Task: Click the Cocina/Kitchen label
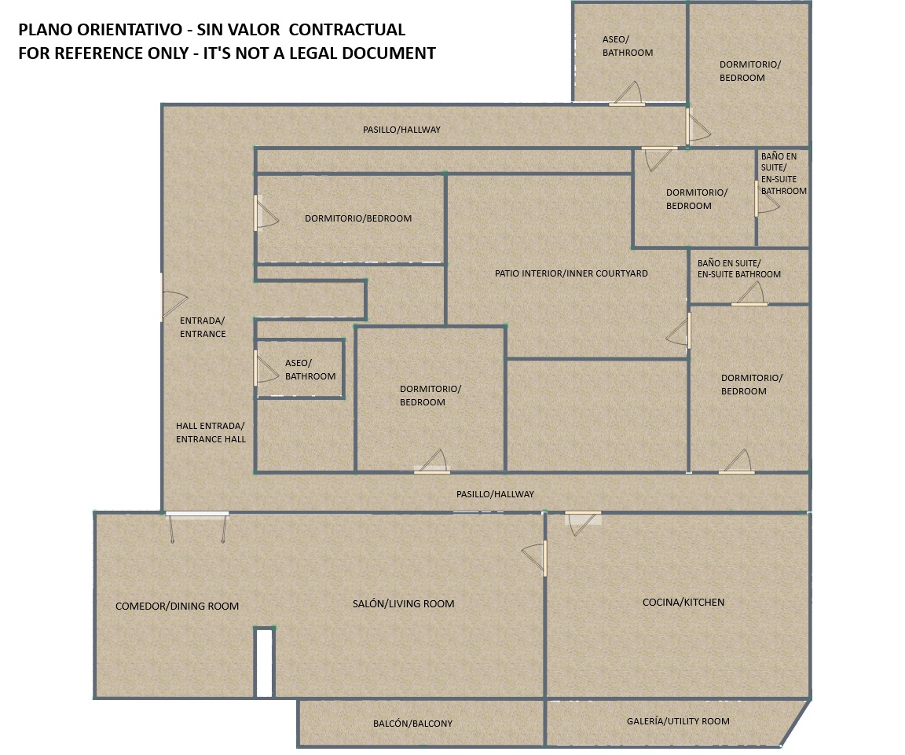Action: pyautogui.click(x=683, y=602)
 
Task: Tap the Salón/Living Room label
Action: pyautogui.click(x=404, y=604)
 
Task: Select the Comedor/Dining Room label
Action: pyautogui.click(x=178, y=606)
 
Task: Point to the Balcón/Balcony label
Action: pyautogui.click(x=412, y=724)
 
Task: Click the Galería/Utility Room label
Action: pyautogui.click(x=678, y=721)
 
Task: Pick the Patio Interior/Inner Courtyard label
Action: pyautogui.click(x=571, y=273)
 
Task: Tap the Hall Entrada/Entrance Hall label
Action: pyautogui.click(x=211, y=432)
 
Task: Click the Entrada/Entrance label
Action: pyautogui.click(x=203, y=327)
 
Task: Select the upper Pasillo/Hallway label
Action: pyautogui.click(x=401, y=130)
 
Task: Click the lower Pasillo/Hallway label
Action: pyautogui.click(x=495, y=494)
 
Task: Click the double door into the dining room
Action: pyautogui.click(x=197, y=526)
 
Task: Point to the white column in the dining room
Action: pyautogui.click(x=264, y=662)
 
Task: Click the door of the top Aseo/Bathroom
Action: pyautogui.click(x=626, y=94)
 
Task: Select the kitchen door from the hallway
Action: pyautogui.click(x=583, y=522)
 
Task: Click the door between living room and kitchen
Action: pyautogui.click(x=534, y=558)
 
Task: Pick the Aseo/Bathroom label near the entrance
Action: pyautogui.click(x=310, y=369)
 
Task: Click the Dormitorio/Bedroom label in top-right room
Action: pyautogui.click(x=749, y=71)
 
